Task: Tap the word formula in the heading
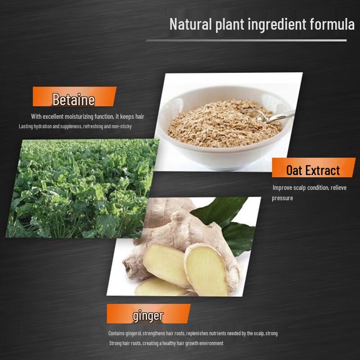point(332,24)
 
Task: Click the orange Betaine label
point(74,99)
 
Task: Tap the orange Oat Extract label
point(313,170)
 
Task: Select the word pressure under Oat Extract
point(282,198)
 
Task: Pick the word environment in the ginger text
point(209,343)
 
